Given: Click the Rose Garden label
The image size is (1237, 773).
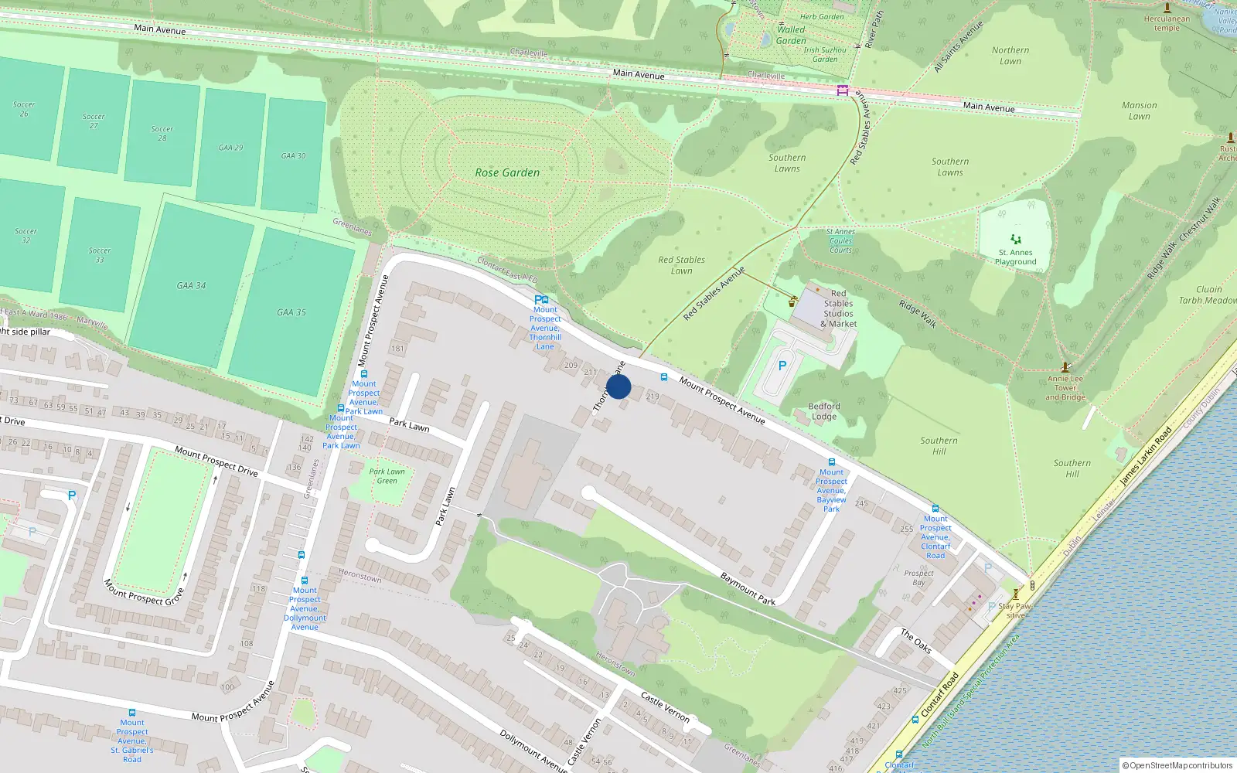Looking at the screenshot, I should (x=507, y=172).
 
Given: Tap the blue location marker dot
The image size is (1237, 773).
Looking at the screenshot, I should (x=618, y=386).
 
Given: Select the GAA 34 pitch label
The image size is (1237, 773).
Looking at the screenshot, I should (x=191, y=285).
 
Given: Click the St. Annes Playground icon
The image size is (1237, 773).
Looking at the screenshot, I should (x=1016, y=240).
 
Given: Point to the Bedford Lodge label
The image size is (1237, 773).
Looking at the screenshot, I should (x=824, y=411).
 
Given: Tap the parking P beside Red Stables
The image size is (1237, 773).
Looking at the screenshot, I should (x=782, y=366).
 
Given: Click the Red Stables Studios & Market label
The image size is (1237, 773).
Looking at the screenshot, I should (x=838, y=308).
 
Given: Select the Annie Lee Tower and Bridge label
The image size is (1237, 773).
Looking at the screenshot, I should (x=1065, y=388).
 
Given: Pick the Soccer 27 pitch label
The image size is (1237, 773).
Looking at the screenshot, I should (x=94, y=121).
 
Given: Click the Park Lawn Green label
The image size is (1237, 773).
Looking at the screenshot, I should (x=387, y=476).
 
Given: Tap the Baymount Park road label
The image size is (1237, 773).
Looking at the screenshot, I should (x=748, y=588).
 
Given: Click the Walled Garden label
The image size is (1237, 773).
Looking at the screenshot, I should (x=791, y=35).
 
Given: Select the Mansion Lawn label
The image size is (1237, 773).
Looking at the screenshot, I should (x=1140, y=111).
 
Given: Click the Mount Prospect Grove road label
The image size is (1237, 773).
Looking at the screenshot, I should (x=144, y=592).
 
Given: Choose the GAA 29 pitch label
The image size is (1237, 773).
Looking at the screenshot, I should (x=230, y=148).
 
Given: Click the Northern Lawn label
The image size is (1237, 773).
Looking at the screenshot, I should (x=1010, y=56).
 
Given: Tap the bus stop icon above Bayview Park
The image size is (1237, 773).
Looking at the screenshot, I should (x=832, y=462).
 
